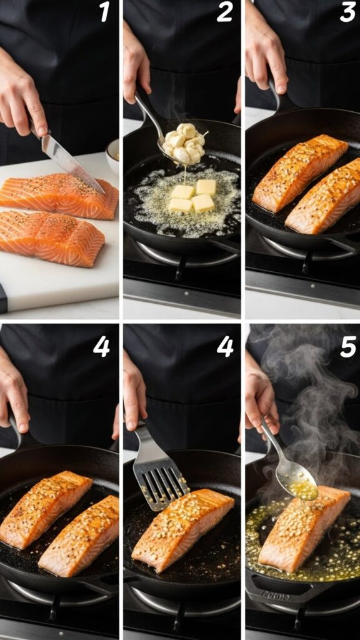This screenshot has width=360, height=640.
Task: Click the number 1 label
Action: point(104,12)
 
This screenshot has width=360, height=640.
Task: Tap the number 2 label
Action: point(224,12)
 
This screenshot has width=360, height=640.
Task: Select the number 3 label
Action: point(347,12)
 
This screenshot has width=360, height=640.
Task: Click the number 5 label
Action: point(347,346)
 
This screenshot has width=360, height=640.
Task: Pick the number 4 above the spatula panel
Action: point(225,346)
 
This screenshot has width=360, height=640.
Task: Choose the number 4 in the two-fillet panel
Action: point(101,346)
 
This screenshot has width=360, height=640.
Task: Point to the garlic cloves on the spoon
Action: point(184,142)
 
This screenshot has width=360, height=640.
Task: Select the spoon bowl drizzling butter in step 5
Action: point(297,482)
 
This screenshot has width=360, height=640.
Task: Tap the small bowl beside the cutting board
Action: point(113,156)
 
